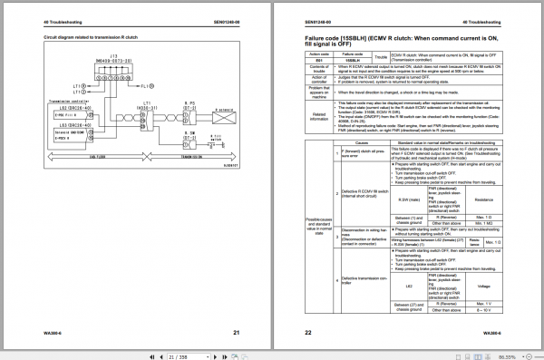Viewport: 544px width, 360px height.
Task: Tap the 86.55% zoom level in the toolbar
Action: pyautogui.click(x=521, y=353)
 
